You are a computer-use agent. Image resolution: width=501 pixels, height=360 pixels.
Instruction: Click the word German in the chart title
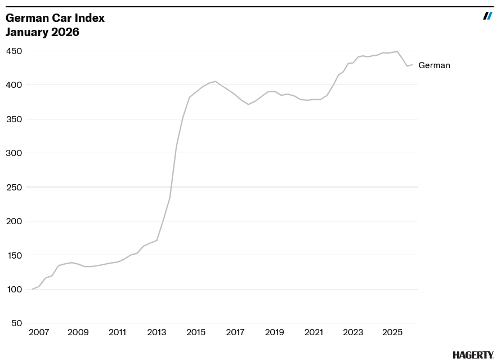pos(24,18)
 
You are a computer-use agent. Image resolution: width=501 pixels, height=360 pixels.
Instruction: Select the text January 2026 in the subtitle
pos(42,32)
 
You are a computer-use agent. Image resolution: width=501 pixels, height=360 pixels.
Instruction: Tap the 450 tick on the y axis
pos(14,51)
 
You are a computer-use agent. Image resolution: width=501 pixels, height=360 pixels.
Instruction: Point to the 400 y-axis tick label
pos(14,85)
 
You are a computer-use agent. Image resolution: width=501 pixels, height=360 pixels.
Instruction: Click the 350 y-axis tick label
pos(14,119)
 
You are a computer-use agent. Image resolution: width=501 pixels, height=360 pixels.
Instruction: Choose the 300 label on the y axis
pos(14,153)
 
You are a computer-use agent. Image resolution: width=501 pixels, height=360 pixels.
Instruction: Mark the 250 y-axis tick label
pos(14,187)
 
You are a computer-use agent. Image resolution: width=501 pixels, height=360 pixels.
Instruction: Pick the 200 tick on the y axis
pos(14,221)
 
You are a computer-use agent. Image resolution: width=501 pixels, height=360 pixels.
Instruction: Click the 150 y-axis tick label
pos(14,255)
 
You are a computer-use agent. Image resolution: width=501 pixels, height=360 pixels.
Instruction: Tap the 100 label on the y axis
pos(14,290)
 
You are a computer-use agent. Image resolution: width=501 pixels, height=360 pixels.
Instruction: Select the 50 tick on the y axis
pos(16,323)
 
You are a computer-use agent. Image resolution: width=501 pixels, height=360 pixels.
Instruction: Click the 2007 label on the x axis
pos(39,332)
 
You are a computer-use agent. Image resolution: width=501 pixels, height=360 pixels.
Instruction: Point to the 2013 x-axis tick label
pos(156,332)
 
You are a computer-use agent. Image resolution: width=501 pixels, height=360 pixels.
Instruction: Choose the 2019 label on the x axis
pos(274,332)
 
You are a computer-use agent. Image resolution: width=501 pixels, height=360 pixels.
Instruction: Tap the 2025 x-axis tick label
pos(392,332)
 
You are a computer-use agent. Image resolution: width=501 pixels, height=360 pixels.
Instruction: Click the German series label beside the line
pos(434,65)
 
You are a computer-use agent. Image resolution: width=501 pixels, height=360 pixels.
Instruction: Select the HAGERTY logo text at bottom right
pos(473,355)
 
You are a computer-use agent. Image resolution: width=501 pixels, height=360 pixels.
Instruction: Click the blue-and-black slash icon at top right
pos(487,16)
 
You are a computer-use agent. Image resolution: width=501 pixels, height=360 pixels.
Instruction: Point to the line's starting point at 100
pos(33,289)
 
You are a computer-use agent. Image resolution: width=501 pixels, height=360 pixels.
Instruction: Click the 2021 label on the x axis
pos(314,332)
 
